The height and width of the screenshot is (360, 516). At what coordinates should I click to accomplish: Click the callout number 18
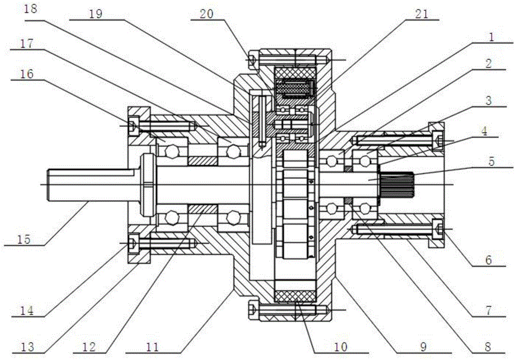coord(30,9)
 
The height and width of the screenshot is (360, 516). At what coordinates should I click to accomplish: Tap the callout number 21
coord(422,14)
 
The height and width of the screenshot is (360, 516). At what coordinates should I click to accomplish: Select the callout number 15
coord(24,240)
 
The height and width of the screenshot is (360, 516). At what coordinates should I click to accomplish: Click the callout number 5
coord(491,162)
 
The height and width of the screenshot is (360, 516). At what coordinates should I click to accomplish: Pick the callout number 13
coord(28,347)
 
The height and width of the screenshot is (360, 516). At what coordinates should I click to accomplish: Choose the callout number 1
coord(491,37)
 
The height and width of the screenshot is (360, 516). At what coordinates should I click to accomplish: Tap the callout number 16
coord(27,74)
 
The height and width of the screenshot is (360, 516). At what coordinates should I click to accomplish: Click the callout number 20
coord(207,14)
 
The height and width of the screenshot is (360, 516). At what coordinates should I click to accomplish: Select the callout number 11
coord(152,347)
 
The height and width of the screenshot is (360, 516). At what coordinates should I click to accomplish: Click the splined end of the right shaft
coord(396,184)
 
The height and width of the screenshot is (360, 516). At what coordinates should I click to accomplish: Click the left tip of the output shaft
coord(48,185)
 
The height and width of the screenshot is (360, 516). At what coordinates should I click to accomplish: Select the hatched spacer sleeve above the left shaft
coord(202,161)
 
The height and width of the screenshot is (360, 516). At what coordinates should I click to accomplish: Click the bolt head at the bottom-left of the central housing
coord(253,309)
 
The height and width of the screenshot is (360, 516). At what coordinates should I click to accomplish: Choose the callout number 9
coord(423,347)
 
